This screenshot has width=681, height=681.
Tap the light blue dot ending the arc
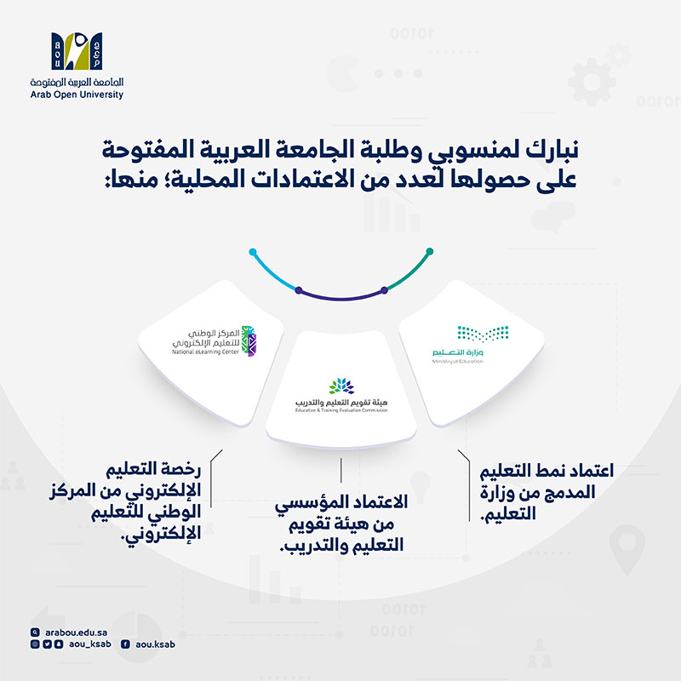(253, 252)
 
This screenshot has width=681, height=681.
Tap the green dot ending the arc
(430, 251)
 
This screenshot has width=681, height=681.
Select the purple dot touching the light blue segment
(297, 291)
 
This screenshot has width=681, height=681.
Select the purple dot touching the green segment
(385, 290)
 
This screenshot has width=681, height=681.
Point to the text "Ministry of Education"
(457, 361)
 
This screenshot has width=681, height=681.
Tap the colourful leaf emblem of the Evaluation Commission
(340, 388)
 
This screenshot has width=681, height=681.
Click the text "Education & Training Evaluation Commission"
(340, 410)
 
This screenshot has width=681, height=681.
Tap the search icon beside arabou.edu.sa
(34, 632)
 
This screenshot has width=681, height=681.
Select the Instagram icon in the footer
(34, 644)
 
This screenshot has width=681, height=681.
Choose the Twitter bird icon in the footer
(46, 644)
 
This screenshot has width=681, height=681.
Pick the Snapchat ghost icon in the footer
(58, 644)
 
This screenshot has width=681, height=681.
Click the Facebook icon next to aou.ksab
(126, 644)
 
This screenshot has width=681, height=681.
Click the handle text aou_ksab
(87, 644)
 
